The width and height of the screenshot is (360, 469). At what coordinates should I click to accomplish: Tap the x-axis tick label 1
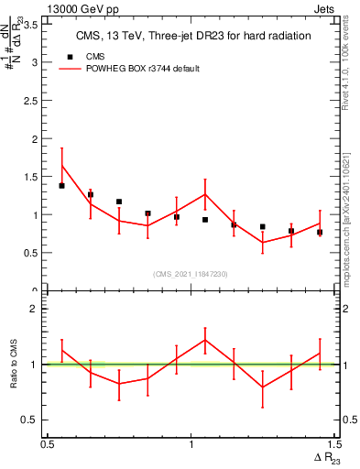tap(191, 443)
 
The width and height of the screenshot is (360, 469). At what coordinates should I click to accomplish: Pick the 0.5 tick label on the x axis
tap(48, 443)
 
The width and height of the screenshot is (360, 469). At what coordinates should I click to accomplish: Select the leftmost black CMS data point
tap(61, 186)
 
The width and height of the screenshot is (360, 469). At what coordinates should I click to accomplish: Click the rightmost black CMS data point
tap(320, 233)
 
